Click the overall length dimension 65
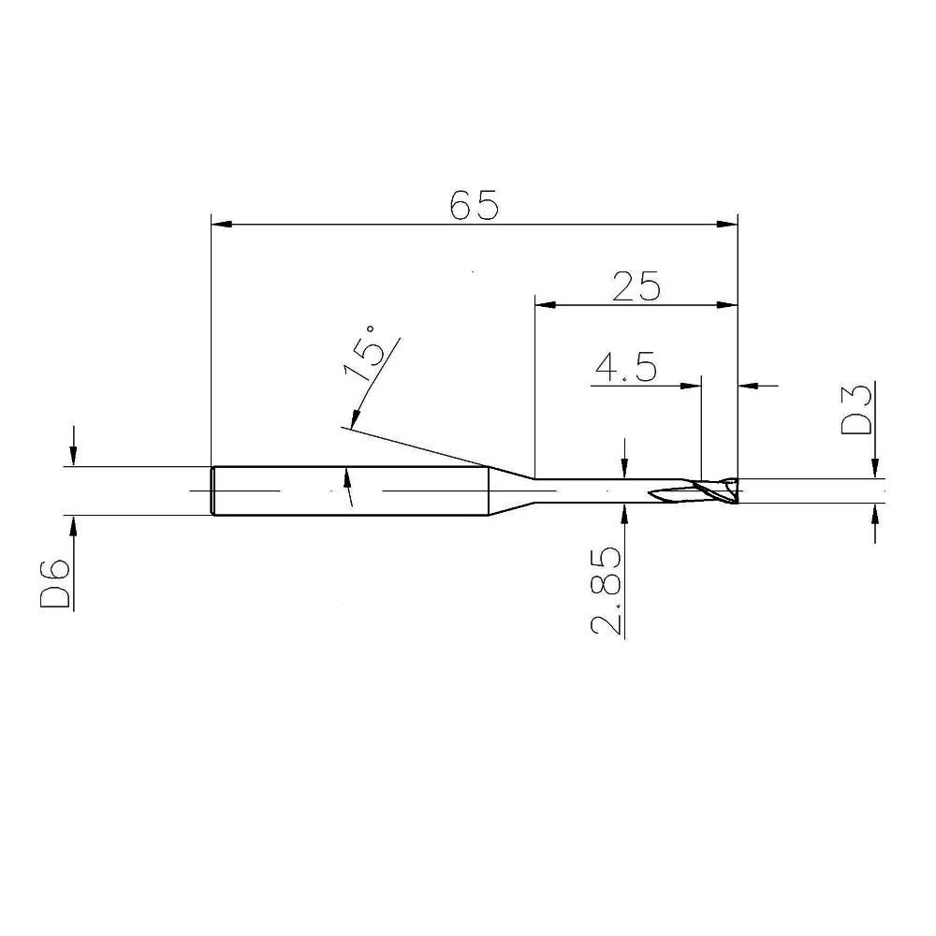pyautogui.click(x=474, y=205)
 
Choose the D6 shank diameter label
pyautogui.click(x=55, y=583)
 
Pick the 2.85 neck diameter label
pyautogui.click(x=606, y=592)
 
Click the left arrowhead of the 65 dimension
pyautogui.click(x=222, y=225)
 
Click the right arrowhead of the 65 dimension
pyautogui.click(x=727, y=225)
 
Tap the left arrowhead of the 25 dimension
pyautogui.click(x=546, y=305)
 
